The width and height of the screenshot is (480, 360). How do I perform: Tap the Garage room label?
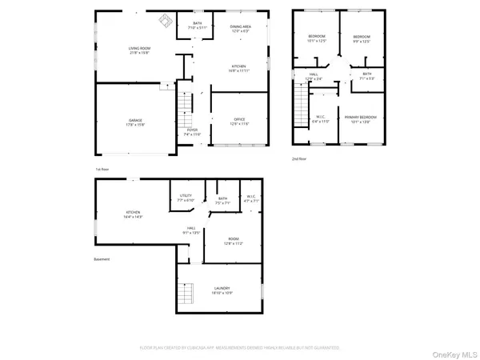[x=134, y=122]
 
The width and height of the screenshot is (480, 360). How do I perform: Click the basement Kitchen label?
[x=132, y=214]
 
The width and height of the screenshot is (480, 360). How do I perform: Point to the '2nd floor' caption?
[x=299, y=159]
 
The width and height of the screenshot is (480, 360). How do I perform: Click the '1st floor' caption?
[x=102, y=169]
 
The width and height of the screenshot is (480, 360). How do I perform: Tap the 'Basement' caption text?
[x=102, y=259]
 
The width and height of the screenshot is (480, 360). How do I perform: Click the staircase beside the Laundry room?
[x=186, y=293]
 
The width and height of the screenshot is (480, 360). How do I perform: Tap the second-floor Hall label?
[x=314, y=76]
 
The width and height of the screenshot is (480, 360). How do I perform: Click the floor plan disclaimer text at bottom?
[x=240, y=348]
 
